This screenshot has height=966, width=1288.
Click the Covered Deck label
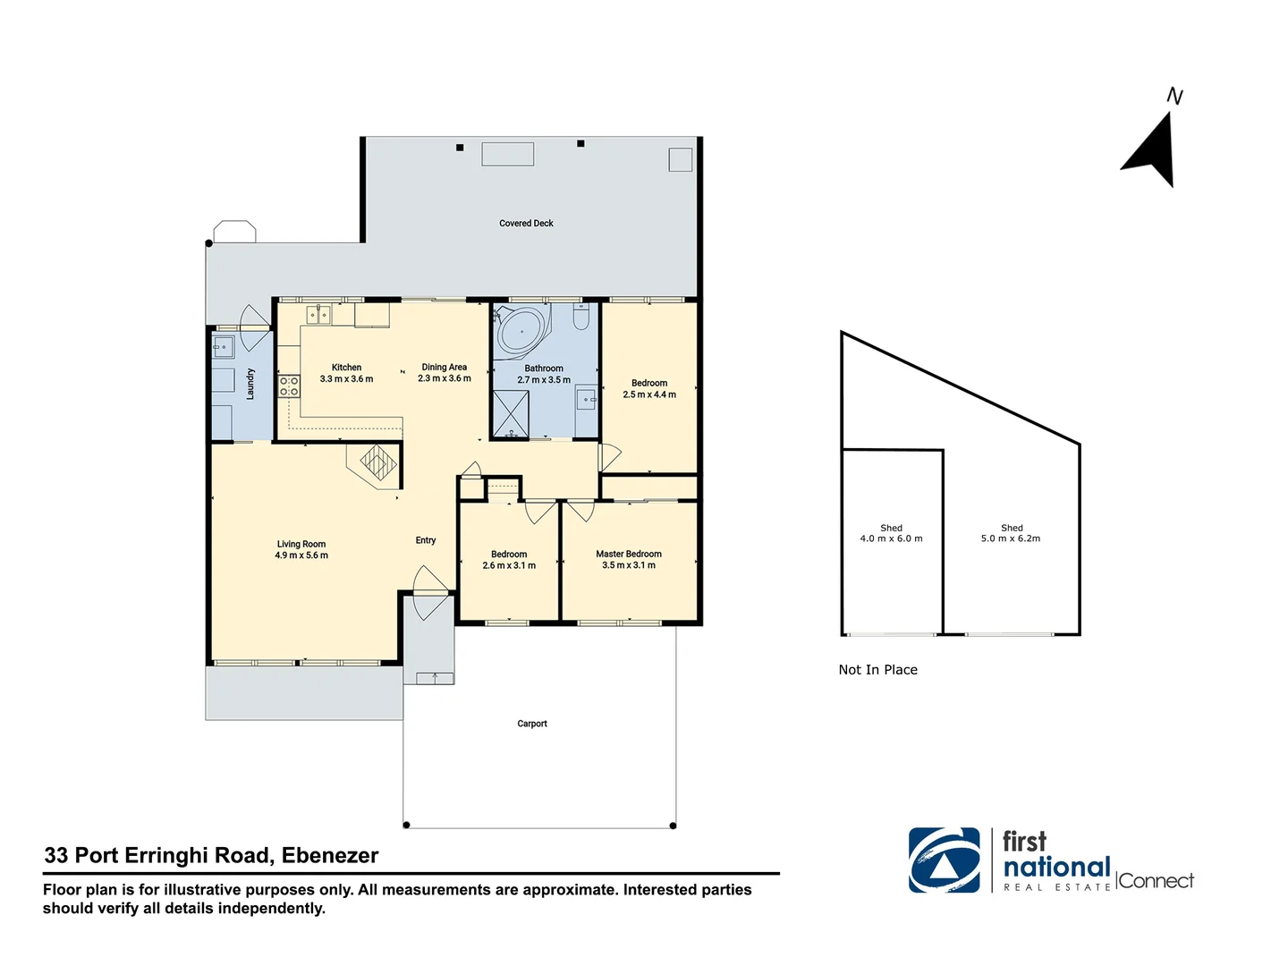[526, 224]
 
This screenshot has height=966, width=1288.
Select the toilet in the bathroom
[580, 318]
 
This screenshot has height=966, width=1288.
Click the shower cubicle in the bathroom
[511, 414]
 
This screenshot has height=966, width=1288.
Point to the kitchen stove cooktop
[289, 386]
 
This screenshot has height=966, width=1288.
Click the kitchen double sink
[318, 314]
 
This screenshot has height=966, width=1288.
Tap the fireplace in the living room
[377, 463]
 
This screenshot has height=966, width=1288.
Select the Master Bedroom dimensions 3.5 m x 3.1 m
[629, 565]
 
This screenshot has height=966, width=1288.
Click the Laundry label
[250, 384]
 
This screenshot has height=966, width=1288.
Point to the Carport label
[532, 724]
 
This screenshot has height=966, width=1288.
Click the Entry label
[426, 540]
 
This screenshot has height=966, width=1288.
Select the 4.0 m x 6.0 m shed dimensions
[891, 538]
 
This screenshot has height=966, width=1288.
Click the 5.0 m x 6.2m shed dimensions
[1011, 538]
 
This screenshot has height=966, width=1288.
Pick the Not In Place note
[877, 670]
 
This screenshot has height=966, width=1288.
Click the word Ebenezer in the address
[330, 856]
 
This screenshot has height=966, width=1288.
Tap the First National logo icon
[945, 860]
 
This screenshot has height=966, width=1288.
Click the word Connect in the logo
[1156, 881]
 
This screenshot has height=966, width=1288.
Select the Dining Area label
[445, 367]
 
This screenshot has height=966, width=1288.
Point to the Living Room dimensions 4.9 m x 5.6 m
[301, 555]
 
